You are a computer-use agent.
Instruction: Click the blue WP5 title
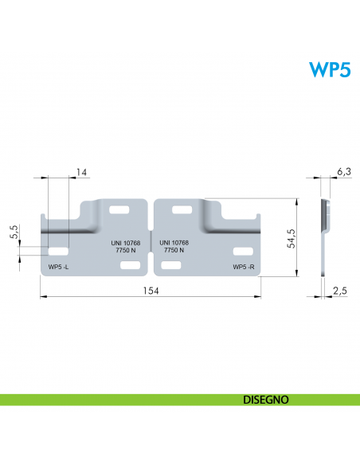pos(330,70)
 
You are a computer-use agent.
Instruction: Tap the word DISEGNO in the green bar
pos(266,400)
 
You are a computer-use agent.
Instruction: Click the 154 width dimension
pos(151,291)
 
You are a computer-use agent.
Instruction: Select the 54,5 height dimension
pos(292,238)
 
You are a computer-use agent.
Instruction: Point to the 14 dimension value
pos(81,172)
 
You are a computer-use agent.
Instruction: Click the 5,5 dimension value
pos(14,232)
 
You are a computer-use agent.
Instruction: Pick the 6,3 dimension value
pos(344,171)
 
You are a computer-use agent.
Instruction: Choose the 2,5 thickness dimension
pos(340,291)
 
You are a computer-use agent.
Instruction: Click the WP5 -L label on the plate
pos(58,267)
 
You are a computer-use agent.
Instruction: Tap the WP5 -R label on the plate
pos(244,267)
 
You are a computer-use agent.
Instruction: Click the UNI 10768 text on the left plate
pos(126,243)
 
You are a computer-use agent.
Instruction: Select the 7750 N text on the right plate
pos(174,250)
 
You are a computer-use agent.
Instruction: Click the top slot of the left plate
pos(119,209)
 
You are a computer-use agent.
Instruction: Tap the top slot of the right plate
pos(182,209)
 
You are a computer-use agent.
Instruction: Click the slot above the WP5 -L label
pos(58,252)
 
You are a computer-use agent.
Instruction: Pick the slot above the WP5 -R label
pos(243,252)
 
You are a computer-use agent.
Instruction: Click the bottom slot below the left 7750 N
pos(130,265)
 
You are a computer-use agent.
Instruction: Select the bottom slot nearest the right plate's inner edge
pos(171,265)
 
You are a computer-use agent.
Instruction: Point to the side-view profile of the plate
pos(325,237)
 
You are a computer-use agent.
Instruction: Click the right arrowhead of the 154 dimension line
pos(258,296)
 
